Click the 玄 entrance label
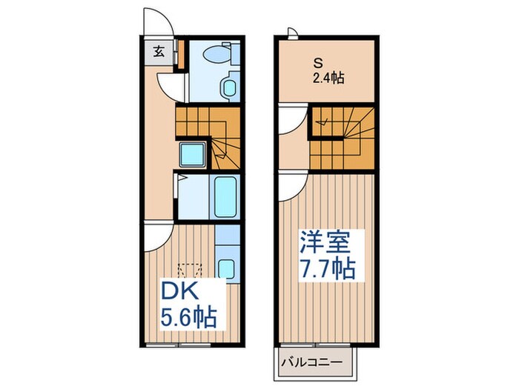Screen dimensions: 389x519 pyautogui.click(x=159, y=51)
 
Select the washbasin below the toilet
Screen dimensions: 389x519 pyautogui.click(x=228, y=90)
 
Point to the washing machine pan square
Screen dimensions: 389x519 pyautogui.click(x=194, y=156)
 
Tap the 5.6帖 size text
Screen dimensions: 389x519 pyautogui.click(x=189, y=318)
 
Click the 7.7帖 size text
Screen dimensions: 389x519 pyautogui.click(x=328, y=267)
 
